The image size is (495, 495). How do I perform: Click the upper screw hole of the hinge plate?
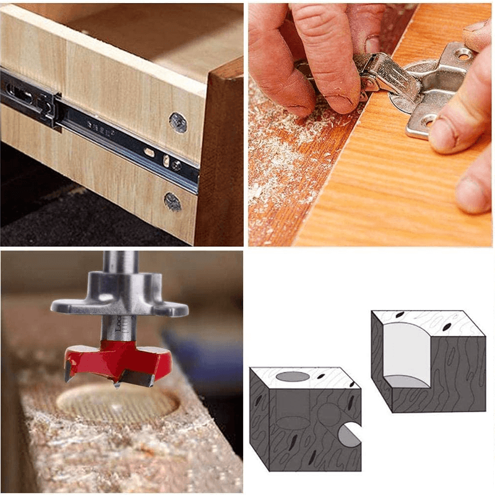tap(463, 54)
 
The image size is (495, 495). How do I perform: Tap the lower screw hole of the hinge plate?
tap(428, 121)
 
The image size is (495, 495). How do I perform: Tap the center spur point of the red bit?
tap(116, 385)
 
